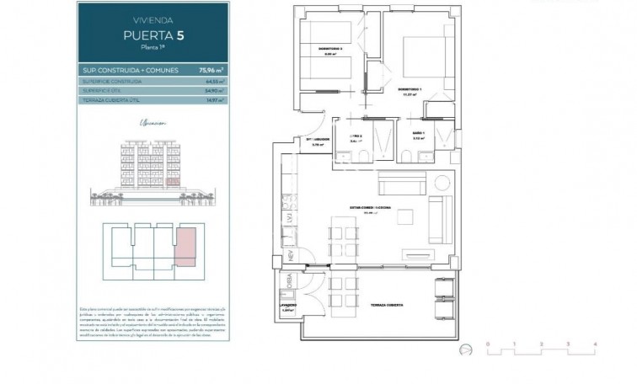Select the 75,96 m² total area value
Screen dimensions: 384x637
[185, 71]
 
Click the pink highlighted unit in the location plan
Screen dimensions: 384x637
[184, 244]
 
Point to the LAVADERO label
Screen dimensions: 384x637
[290, 305]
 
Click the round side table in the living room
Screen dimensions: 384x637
[442, 182]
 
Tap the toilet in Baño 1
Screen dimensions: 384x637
[407, 157]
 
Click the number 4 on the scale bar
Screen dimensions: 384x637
[595, 344]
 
